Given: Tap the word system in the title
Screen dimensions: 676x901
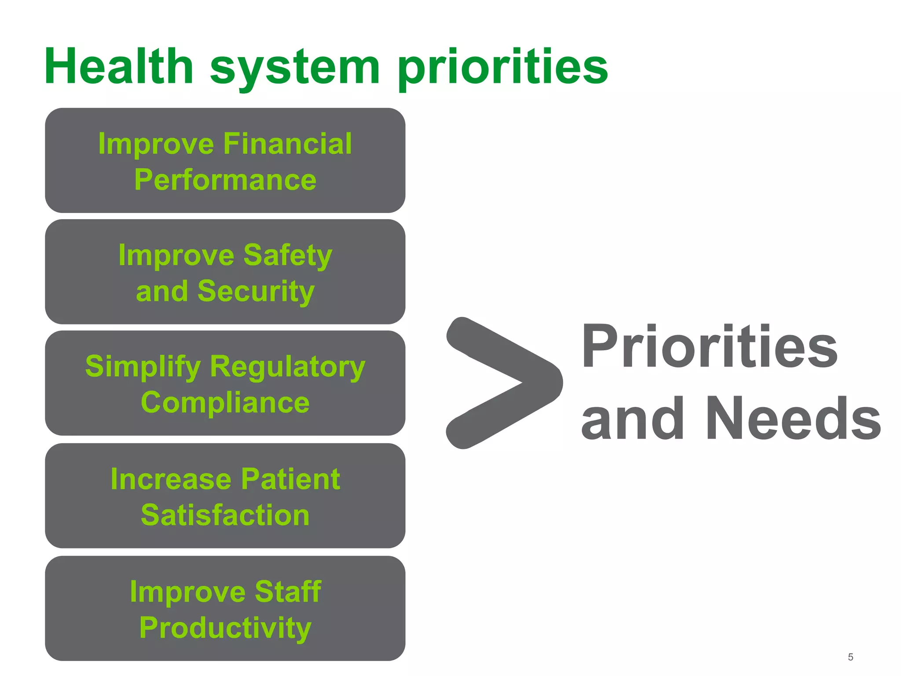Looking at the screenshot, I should pos(295,68).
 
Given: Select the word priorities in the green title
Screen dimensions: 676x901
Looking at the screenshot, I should pos(502,68).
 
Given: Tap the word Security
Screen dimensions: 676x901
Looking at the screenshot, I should pos(256,291).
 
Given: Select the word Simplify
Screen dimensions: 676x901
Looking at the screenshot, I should pos(143,367).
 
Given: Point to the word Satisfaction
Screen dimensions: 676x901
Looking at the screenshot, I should pos(225,515).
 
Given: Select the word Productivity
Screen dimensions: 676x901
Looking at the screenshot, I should pos(225,628).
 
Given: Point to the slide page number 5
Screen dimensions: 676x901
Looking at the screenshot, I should pos(850,657).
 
